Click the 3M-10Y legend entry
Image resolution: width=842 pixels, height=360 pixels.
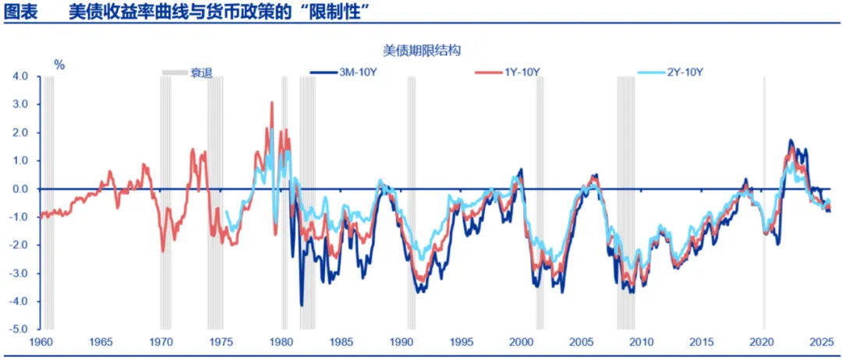coord(344,72)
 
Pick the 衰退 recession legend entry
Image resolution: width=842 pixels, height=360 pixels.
coord(187,72)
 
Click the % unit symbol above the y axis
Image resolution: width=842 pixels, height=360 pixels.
coord(59,65)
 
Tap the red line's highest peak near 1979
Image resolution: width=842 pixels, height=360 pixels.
coord(272,102)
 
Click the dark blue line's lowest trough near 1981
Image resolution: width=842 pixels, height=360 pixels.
coord(302,305)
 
